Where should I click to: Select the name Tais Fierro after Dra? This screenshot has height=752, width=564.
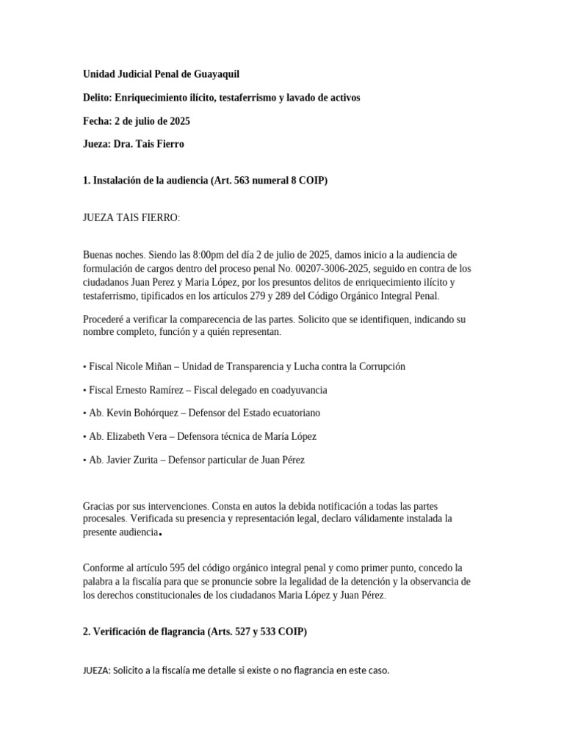[x=162, y=144]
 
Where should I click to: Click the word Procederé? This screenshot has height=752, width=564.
[x=108, y=319]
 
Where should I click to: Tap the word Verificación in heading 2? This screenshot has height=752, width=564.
[x=126, y=631]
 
